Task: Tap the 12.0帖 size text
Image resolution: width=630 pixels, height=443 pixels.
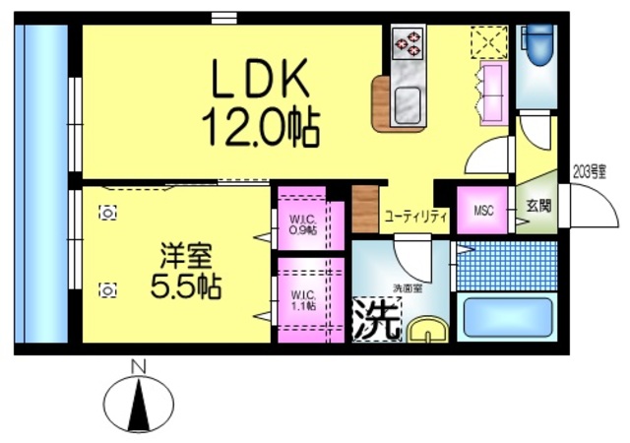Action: pyautogui.click(x=260, y=124)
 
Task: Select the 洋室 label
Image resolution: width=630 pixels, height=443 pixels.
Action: pyautogui.click(x=186, y=255)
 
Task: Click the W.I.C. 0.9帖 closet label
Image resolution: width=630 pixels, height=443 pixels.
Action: pyautogui.click(x=301, y=224)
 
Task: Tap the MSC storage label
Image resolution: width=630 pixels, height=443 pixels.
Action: pyautogui.click(x=483, y=211)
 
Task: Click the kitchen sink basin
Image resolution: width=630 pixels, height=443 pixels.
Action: pyautogui.click(x=407, y=101)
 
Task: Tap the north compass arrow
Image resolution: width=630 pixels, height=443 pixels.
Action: pyautogui.click(x=139, y=404)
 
